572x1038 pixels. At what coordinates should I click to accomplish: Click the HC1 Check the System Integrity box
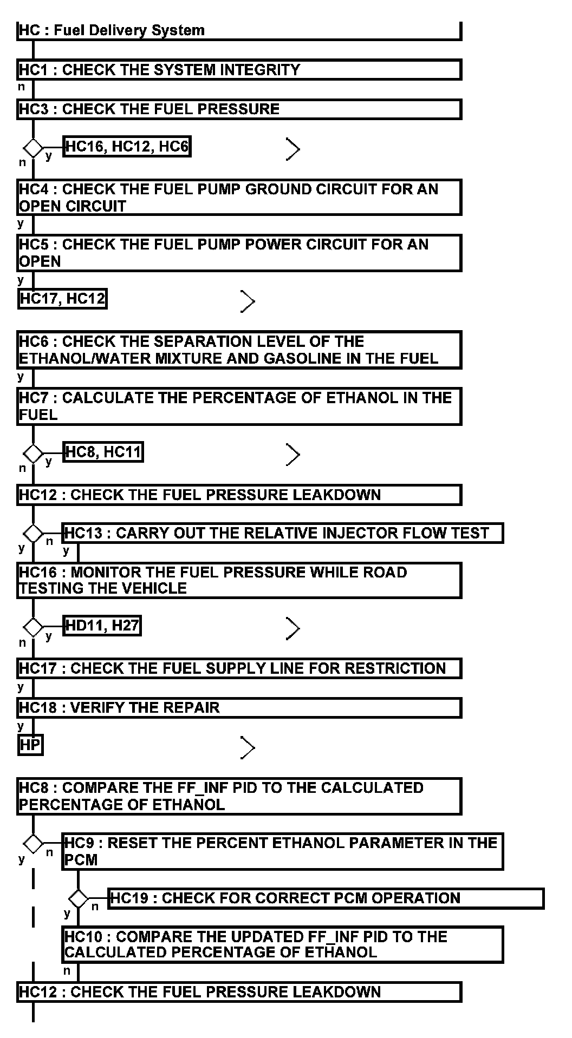click(239, 70)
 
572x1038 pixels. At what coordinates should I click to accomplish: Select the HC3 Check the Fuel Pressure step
click(239, 109)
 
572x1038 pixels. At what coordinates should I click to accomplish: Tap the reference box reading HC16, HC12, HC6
click(127, 147)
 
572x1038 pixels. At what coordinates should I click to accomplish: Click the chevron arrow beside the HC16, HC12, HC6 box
click(292, 149)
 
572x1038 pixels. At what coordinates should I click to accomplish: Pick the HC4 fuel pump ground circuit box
click(239, 198)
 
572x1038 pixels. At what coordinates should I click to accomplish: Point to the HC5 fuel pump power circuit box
click(239, 253)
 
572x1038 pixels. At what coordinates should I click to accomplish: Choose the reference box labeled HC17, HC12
click(62, 298)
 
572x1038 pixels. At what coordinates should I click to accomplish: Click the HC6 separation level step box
click(239, 350)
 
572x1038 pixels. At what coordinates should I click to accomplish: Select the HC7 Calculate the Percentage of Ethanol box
click(239, 406)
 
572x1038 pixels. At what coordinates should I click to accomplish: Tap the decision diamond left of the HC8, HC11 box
click(33, 453)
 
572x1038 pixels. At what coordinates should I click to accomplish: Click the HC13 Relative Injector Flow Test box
click(282, 533)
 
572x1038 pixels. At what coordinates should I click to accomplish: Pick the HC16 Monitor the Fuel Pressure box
click(239, 580)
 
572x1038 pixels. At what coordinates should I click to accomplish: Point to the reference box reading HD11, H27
click(102, 626)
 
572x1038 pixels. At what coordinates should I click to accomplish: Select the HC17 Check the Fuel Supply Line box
click(239, 668)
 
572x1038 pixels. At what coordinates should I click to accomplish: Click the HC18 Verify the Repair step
click(239, 708)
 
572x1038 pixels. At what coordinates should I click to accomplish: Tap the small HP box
click(30, 745)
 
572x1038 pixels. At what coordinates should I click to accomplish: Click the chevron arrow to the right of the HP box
click(248, 747)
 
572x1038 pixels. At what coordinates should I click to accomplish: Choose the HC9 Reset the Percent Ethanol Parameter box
click(282, 851)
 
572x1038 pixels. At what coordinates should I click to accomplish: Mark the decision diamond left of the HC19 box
click(79, 899)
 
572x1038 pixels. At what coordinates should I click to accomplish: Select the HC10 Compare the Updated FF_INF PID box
click(282, 944)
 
